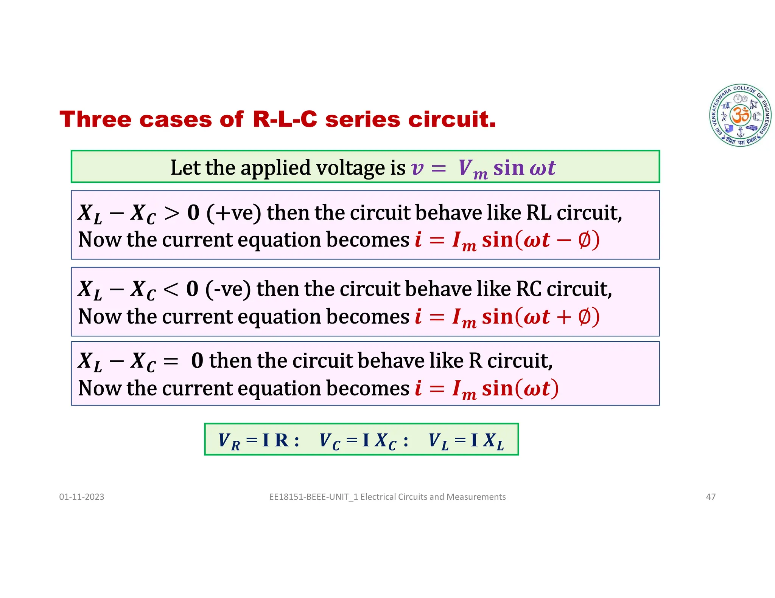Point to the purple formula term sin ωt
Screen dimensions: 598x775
524,168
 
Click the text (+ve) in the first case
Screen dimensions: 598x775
233,213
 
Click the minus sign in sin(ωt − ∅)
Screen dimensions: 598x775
564,240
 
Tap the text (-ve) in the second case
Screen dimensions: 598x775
228,290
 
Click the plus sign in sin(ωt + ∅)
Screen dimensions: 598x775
564,317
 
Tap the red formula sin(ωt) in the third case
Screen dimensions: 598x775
520,389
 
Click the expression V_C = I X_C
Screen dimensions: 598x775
363,440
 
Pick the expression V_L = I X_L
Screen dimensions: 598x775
466,440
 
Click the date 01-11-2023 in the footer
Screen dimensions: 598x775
81,497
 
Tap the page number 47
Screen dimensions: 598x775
711,497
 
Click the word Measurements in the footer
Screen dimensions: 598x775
476,497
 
